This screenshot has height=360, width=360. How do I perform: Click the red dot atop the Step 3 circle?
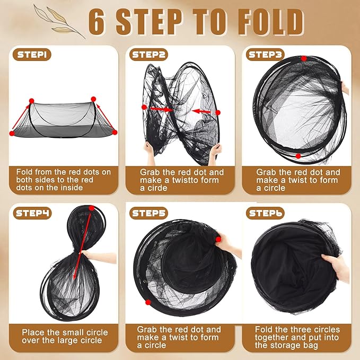click(x=304, y=59)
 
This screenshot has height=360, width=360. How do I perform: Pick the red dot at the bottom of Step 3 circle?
click(x=299, y=156)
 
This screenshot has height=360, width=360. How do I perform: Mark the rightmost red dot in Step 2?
click(x=218, y=112)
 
